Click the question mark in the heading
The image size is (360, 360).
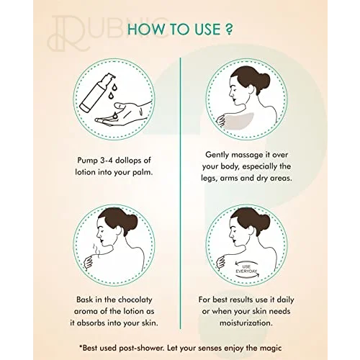pyautogui.click(x=229, y=29)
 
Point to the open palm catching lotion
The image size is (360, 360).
pyautogui.click(x=123, y=114)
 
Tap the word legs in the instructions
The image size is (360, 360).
pyautogui.click(x=209, y=179)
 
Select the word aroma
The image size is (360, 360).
pyautogui.click(x=86, y=312)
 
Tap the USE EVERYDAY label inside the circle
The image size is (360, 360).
pyautogui.click(x=246, y=269)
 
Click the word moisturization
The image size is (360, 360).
pyautogui.click(x=246, y=323)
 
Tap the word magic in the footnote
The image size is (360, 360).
pyautogui.click(x=271, y=348)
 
